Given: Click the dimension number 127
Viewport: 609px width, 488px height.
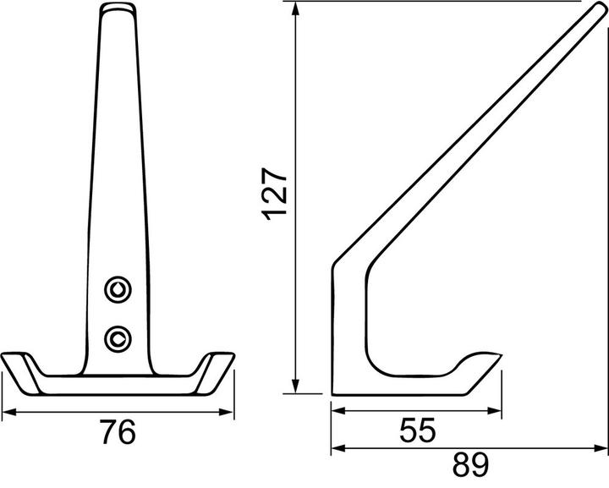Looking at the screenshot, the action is [x=275, y=195].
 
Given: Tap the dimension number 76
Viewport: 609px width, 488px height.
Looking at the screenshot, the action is [x=118, y=431].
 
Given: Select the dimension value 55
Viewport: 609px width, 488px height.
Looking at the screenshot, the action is [x=418, y=430].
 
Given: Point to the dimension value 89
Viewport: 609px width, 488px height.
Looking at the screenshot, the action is [x=471, y=464].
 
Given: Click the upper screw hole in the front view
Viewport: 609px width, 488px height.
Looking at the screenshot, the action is [x=118, y=289].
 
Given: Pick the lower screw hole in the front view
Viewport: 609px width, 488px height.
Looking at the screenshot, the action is [x=118, y=338].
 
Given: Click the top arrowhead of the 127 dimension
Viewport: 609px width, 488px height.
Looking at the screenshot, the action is [x=296, y=8].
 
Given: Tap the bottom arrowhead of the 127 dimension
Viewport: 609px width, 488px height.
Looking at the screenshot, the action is [x=296, y=386].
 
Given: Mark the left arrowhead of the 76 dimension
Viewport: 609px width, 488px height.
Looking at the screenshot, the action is [x=9, y=412].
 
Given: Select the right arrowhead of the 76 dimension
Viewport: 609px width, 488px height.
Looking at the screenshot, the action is [x=227, y=412].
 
